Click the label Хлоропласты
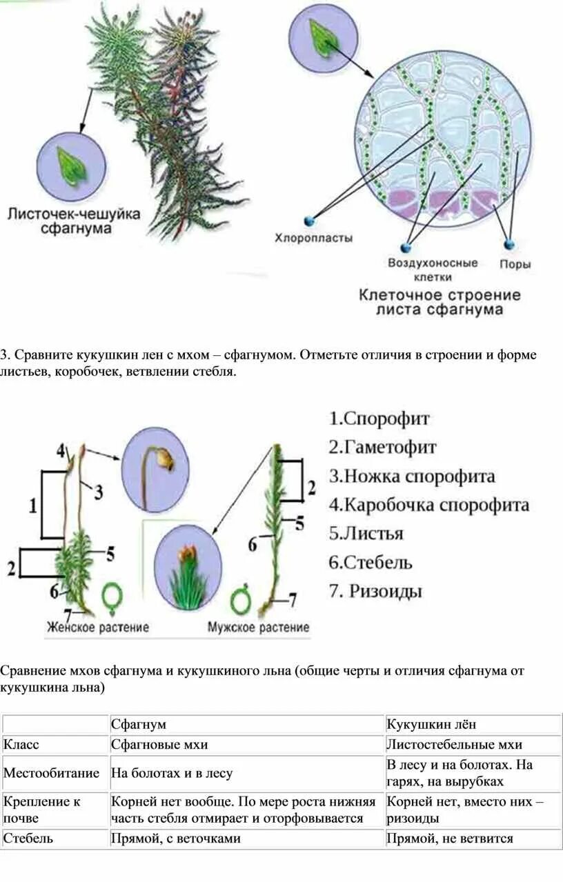[x=314, y=239]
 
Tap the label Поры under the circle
[x=515, y=263]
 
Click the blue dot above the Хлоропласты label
[x=308, y=221]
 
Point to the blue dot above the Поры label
[x=509, y=244]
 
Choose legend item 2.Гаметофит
[x=382, y=448]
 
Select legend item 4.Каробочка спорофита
[x=428, y=505]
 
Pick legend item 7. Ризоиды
[x=375, y=591]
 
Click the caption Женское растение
[x=98, y=628]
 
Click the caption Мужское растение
[x=259, y=628]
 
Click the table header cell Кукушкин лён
[x=431, y=724]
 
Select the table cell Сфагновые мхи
[x=159, y=744]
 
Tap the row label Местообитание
[x=52, y=773]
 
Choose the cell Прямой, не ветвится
[x=450, y=839]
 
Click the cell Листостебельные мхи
[x=454, y=744]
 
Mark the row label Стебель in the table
[x=28, y=839]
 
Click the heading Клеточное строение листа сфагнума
[x=439, y=302]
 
